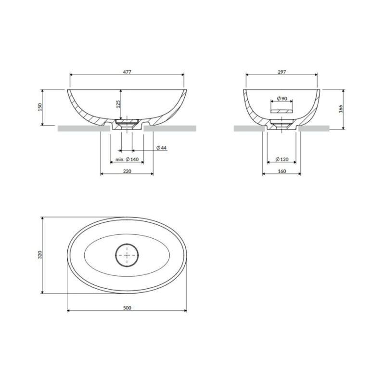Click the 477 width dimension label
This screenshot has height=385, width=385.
click(x=127, y=72)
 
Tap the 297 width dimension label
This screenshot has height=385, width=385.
click(x=282, y=72)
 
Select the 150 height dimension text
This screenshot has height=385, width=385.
click(x=40, y=107)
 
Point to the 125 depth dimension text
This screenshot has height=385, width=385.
click(x=118, y=104)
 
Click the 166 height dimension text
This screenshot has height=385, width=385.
click(x=341, y=109)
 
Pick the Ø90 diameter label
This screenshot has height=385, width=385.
click(x=282, y=99)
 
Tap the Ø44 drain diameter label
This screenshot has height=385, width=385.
click(x=161, y=148)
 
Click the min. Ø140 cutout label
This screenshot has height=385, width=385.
click(x=127, y=159)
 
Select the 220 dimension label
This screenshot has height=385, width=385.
click(x=127, y=171)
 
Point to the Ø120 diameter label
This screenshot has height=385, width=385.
click(x=282, y=159)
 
